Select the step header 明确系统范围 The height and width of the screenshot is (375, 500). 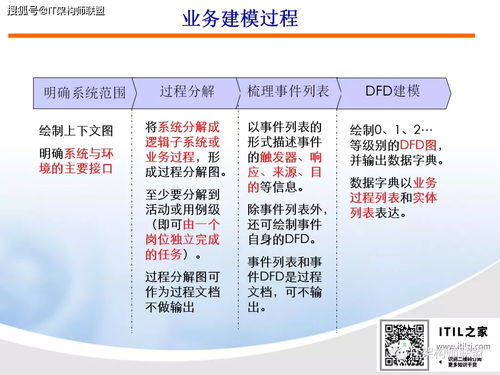[84, 93]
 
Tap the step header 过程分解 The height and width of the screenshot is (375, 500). [187, 91]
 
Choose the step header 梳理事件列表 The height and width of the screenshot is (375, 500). [289, 91]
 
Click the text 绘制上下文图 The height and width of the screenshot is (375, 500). [76, 131]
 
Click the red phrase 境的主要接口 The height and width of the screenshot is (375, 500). [76, 168]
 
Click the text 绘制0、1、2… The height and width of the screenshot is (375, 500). [392, 131]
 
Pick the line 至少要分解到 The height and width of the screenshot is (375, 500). [186, 196]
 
